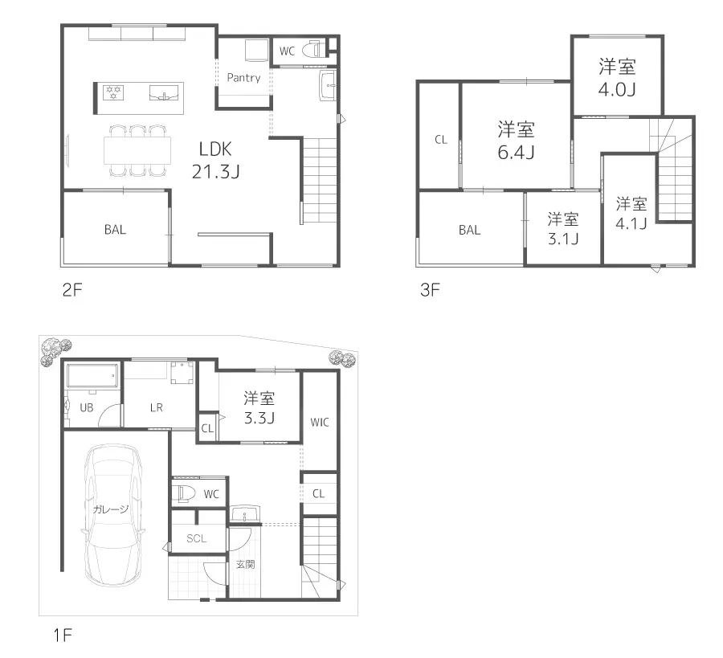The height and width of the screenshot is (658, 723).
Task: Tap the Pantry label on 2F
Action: click(243, 78)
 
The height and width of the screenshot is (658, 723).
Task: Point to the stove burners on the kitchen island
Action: click(112, 92)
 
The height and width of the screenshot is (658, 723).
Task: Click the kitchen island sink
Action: click(165, 93)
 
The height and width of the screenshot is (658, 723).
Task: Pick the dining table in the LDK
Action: click(137, 150)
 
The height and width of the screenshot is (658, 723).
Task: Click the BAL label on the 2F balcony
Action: click(115, 229)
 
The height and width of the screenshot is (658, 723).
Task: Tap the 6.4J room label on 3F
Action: click(516, 140)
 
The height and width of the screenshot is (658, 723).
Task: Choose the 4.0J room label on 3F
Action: click(616, 78)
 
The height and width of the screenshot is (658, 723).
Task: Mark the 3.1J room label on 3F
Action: click(563, 228)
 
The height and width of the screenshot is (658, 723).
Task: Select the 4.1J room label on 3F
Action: click(631, 213)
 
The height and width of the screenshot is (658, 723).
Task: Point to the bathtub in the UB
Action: click(92, 376)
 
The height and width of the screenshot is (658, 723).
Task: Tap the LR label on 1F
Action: click(156, 407)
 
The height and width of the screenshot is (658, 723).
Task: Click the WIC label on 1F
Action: click(319, 422)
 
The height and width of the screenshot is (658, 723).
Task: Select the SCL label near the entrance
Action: click(196, 538)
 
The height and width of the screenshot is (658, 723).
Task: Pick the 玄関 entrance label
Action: click(245, 565)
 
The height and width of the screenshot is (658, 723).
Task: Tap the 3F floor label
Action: click(430, 290)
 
